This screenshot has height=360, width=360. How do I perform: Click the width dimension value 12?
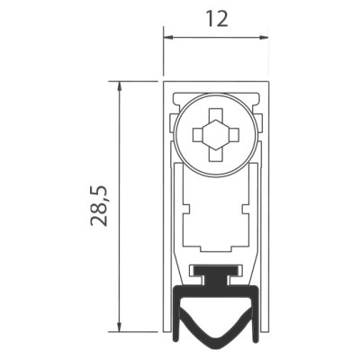217,20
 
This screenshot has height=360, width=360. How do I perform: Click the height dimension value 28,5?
98,206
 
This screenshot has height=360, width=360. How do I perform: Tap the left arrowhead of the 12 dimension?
168,38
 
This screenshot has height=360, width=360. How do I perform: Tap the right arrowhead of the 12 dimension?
264,38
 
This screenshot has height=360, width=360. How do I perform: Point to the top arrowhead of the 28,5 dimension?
120,86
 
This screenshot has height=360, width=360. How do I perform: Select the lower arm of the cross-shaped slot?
216,155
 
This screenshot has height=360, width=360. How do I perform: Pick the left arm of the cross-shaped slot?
198,135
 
